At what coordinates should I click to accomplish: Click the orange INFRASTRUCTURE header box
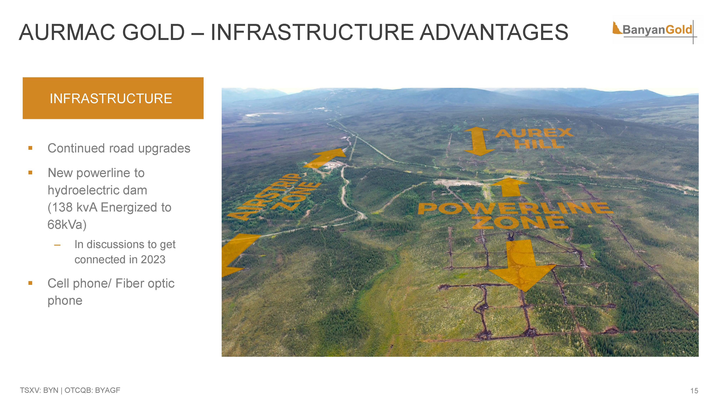click(113, 98)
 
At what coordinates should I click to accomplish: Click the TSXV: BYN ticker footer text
click(39, 390)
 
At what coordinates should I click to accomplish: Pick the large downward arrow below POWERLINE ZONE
click(522, 265)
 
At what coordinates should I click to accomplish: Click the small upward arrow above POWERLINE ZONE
click(509, 187)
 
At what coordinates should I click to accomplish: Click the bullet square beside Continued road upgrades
click(30, 148)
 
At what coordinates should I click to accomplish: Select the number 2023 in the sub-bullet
click(153, 260)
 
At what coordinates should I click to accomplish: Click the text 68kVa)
click(67, 225)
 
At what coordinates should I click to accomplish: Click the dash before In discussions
click(57, 245)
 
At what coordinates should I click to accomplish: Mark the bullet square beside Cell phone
click(30, 283)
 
